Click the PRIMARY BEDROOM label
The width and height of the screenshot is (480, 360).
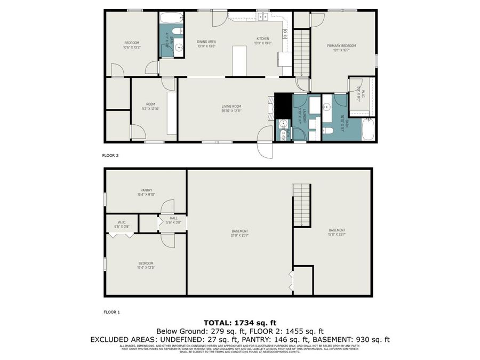pyautogui.click(x=341, y=46)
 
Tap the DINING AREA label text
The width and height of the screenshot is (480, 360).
pyautogui.click(x=206, y=41)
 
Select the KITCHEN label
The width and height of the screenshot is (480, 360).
pyautogui.click(x=263, y=38)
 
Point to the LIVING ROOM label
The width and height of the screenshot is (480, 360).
pyautogui.click(x=231, y=106)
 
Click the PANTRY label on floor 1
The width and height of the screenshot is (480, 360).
pyautogui.click(x=146, y=190)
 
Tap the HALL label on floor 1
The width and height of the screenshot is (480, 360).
pyautogui.click(x=174, y=218)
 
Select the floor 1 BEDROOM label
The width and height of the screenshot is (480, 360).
pyautogui.click(x=146, y=263)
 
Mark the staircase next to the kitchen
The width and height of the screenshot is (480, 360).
pyautogui.click(x=302, y=53)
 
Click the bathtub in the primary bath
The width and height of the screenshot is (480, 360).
pyautogui.click(x=369, y=130)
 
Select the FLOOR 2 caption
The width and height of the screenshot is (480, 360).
pyautogui.click(x=110, y=156)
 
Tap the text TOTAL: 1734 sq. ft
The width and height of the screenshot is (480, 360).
pyautogui.click(x=239, y=323)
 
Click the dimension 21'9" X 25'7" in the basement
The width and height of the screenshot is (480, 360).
pyautogui.click(x=239, y=235)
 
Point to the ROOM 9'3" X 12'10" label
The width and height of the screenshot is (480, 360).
pyautogui.click(x=150, y=106)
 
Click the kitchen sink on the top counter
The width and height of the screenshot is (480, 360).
pyautogui.click(x=263, y=17)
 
